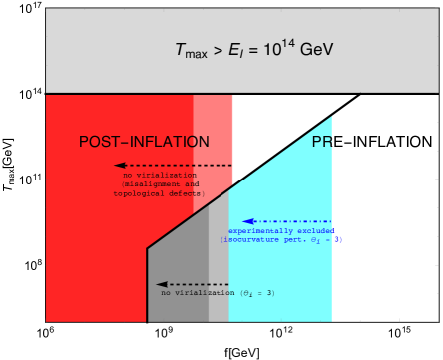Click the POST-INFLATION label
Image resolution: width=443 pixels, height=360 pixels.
point(144,142)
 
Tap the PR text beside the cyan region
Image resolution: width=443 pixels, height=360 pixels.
point(321,142)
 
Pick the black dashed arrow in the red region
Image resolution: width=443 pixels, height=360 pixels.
point(174,165)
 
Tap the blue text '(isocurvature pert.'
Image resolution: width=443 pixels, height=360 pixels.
point(263,240)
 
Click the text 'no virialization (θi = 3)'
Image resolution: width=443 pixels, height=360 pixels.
point(218,293)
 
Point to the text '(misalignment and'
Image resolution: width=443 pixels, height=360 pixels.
point(161,184)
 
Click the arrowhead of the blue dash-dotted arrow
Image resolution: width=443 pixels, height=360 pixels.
point(247,221)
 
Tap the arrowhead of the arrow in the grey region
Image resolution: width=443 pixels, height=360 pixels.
point(160,284)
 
